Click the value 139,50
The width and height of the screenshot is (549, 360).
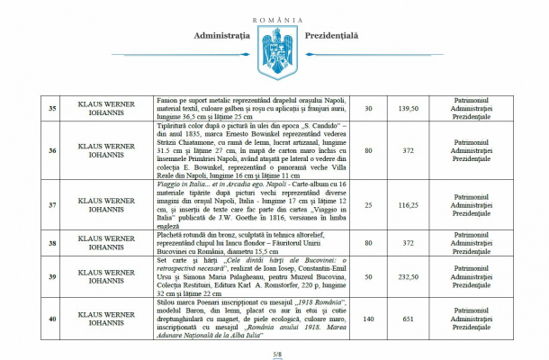408,109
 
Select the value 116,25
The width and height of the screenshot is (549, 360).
408,206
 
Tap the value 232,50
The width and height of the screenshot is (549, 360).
408,276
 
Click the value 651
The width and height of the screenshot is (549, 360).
408,318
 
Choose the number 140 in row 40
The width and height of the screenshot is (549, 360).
367,318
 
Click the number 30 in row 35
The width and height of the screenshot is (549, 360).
367,109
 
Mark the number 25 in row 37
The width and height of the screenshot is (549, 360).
367,206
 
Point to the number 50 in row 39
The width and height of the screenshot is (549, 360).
367,276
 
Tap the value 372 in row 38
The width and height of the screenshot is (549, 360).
408,241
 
